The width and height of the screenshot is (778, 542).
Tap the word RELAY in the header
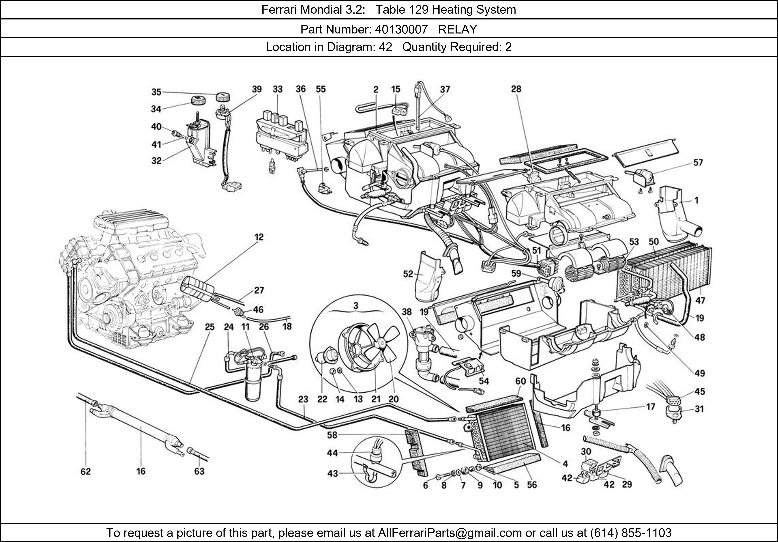(457, 30)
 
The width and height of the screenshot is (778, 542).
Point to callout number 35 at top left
(156, 92)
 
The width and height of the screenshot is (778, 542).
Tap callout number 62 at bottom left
(86, 472)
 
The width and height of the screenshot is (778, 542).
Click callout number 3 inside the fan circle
(356, 306)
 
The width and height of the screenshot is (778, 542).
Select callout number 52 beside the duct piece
(408, 274)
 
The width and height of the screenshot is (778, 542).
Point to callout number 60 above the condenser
(520, 381)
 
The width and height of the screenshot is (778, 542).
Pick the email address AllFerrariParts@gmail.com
(450, 533)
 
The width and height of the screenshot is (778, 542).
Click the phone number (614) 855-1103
(630, 533)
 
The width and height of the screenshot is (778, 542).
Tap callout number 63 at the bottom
(199, 472)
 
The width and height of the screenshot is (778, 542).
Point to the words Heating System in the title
(474, 10)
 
